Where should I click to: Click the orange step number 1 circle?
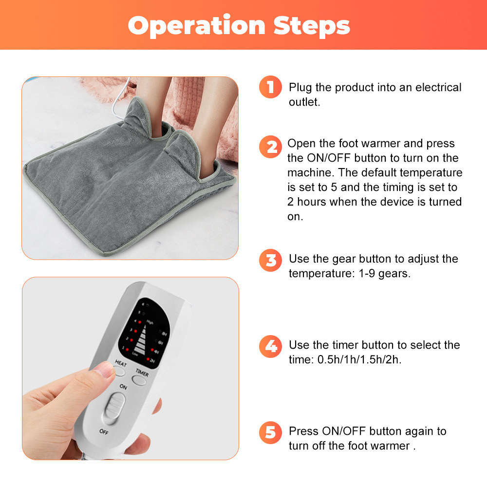point(270,87)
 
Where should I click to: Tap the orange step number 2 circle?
point(270,147)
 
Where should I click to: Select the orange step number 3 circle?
point(270,260)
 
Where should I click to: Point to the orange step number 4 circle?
point(270,346)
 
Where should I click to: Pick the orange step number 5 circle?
point(270,432)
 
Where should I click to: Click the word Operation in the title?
point(196,26)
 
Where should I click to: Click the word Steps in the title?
point(312,26)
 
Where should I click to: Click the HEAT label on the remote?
point(120,363)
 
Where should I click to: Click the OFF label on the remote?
point(104,431)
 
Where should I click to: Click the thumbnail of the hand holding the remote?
point(131,368)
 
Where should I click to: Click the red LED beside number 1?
point(127,350)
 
